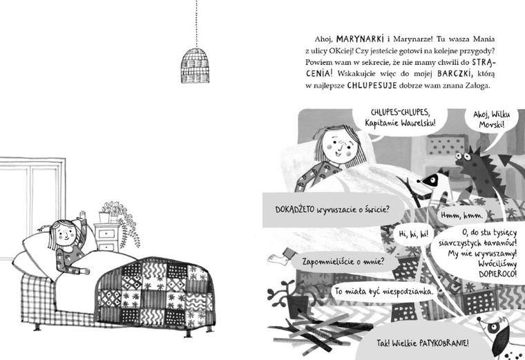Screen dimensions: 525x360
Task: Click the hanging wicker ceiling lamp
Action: pos(195,66)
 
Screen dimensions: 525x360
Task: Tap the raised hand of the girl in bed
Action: pos(82,215)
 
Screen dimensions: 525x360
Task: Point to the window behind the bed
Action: pos(32,207)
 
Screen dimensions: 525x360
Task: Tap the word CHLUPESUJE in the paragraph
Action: pos(372,85)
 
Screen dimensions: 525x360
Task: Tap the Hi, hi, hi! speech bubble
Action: pos(414,234)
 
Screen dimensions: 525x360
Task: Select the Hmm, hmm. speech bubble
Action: pos(461,216)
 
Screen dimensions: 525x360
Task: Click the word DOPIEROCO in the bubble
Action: pos(497,274)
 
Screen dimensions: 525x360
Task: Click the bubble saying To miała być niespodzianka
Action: pos(383,292)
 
